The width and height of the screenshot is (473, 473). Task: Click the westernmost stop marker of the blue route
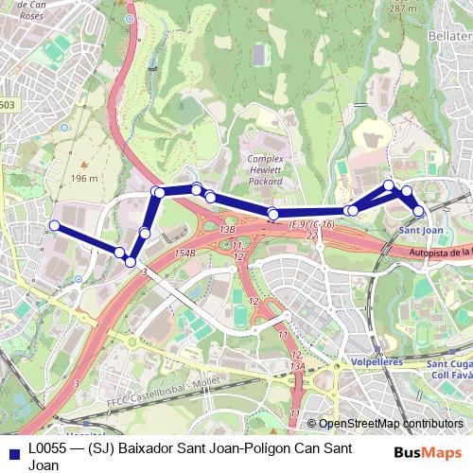54,225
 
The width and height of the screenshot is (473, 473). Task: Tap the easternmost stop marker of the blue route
419,210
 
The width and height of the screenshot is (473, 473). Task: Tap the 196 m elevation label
83,178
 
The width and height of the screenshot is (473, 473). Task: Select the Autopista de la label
441,253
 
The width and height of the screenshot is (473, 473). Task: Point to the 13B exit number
227,229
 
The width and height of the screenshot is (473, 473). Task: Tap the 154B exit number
184,254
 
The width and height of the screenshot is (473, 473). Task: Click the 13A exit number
297,364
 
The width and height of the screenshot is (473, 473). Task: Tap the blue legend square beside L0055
14,451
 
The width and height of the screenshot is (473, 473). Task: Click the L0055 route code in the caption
47,447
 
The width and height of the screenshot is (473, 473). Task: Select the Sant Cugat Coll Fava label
449,368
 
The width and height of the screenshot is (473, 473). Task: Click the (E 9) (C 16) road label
312,224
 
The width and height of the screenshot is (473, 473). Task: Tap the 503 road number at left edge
8,105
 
